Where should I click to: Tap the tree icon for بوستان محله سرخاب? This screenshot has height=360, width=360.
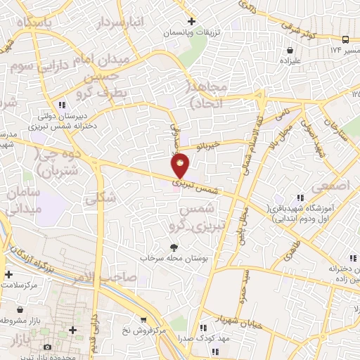coord(173,247)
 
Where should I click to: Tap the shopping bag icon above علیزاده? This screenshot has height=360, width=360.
coord(289,50)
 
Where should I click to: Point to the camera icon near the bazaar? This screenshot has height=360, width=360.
coord(47,347)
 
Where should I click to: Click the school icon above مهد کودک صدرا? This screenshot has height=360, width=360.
coord(203,327)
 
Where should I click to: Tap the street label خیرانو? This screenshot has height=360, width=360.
coord(209,146)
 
